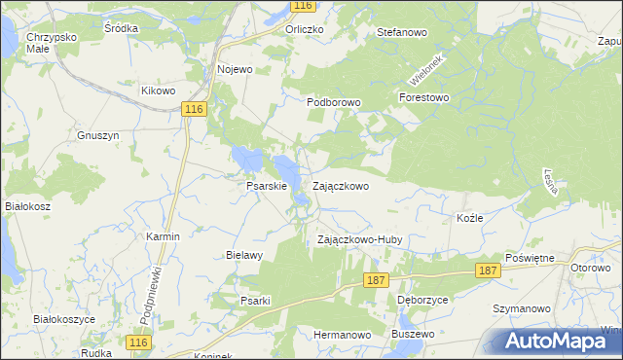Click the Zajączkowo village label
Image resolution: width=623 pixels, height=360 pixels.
point(340,186)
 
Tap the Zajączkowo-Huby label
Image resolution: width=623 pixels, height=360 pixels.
point(360,239)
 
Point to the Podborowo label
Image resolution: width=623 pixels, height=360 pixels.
point(334,101)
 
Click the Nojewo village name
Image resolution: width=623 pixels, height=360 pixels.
point(235,69)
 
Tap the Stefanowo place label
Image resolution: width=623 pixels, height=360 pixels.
point(402,32)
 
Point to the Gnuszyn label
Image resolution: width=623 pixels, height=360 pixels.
point(97,136)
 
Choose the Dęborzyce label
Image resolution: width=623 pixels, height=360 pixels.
point(422,301)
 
